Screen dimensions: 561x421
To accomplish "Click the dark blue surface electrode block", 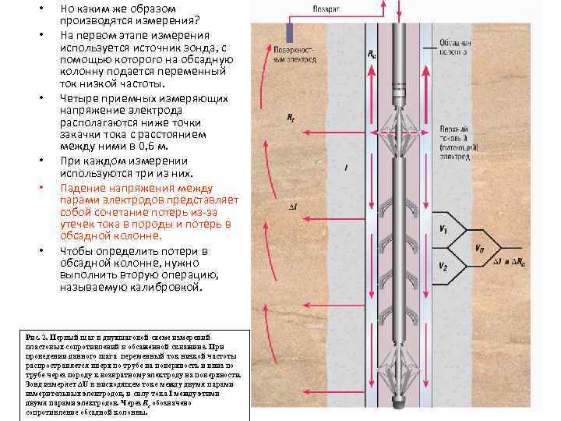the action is pyautogui.click(x=289, y=32).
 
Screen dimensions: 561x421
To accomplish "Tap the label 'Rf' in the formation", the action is pyautogui.click(x=290, y=118).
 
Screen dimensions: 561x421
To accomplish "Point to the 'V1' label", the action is pyautogui.click(x=443, y=229).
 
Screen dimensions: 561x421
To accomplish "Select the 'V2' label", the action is pyautogui.click(x=443, y=267).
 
